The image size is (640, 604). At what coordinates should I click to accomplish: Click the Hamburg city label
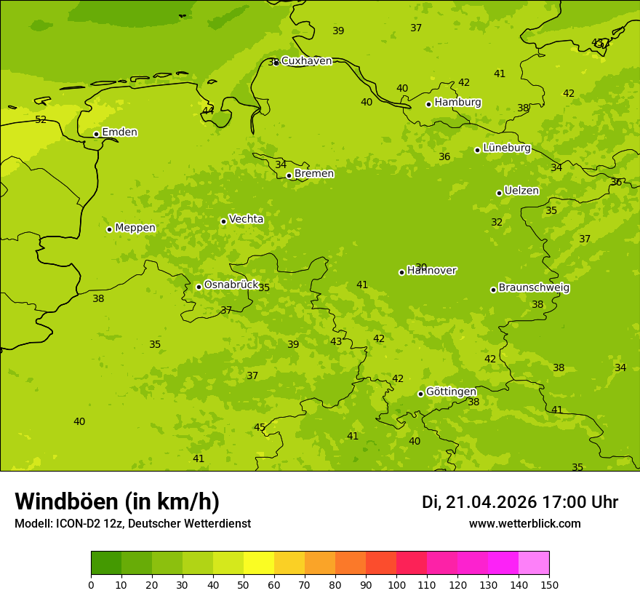pos(457,103)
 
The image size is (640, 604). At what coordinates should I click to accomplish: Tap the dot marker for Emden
pos(96,134)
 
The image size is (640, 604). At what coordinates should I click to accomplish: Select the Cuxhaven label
pos(306,61)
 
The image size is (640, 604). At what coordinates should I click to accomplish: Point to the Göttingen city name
pos(451,392)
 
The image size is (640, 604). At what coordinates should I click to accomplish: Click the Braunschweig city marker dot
pos(493,290)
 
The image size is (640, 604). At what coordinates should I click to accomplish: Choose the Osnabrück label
pos(231,285)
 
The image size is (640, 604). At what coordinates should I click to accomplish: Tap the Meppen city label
pos(135,228)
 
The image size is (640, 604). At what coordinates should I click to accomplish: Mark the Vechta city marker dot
pos(223,221)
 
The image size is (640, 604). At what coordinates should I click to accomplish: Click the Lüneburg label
pos(507,148)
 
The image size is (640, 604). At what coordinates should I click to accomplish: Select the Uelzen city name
pos(521,191)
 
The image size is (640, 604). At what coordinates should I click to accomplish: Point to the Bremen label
pos(314,174)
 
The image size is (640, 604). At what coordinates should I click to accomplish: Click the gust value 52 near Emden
pos(41,120)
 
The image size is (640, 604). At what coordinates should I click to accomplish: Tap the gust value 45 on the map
pos(260,427)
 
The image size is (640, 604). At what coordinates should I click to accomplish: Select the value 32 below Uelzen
pos(497,223)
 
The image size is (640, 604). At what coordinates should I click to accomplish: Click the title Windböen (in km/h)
pos(117,501)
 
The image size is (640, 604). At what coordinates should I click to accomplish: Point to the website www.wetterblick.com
pos(524,523)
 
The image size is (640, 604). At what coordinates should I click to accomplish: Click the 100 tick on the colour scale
pos(396,584)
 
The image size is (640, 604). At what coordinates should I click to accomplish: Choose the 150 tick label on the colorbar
pos(548,584)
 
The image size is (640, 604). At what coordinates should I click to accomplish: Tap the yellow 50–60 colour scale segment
pos(259,563)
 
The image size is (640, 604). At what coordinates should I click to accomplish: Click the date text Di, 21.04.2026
pos(479,502)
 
